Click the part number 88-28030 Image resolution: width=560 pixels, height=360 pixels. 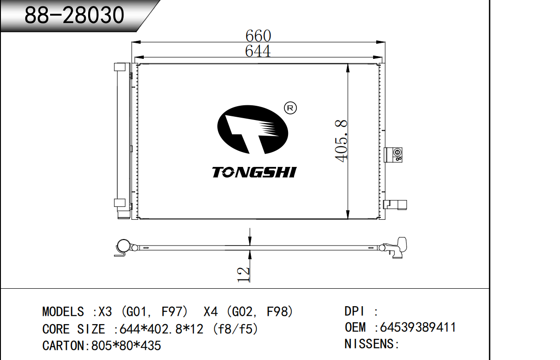click(74, 16)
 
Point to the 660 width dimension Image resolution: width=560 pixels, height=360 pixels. click(258, 36)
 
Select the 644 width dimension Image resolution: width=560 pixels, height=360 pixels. click(258, 51)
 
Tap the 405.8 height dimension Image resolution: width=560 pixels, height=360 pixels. click(341, 141)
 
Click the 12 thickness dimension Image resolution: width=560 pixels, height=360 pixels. click(243, 274)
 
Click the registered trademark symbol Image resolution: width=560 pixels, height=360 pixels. click(291, 108)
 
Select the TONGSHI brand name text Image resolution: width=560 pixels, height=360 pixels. click(254, 172)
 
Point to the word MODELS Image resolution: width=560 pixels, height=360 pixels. click(63, 312)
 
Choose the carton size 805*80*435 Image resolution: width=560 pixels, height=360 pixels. click(126, 345)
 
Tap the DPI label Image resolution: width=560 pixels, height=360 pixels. click(355, 312)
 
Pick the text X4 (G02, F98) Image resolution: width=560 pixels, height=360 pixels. click(248, 312)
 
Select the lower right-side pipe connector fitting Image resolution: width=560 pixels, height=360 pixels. click(396, 205)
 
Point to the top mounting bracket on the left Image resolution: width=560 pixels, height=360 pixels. click(119, 67)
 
